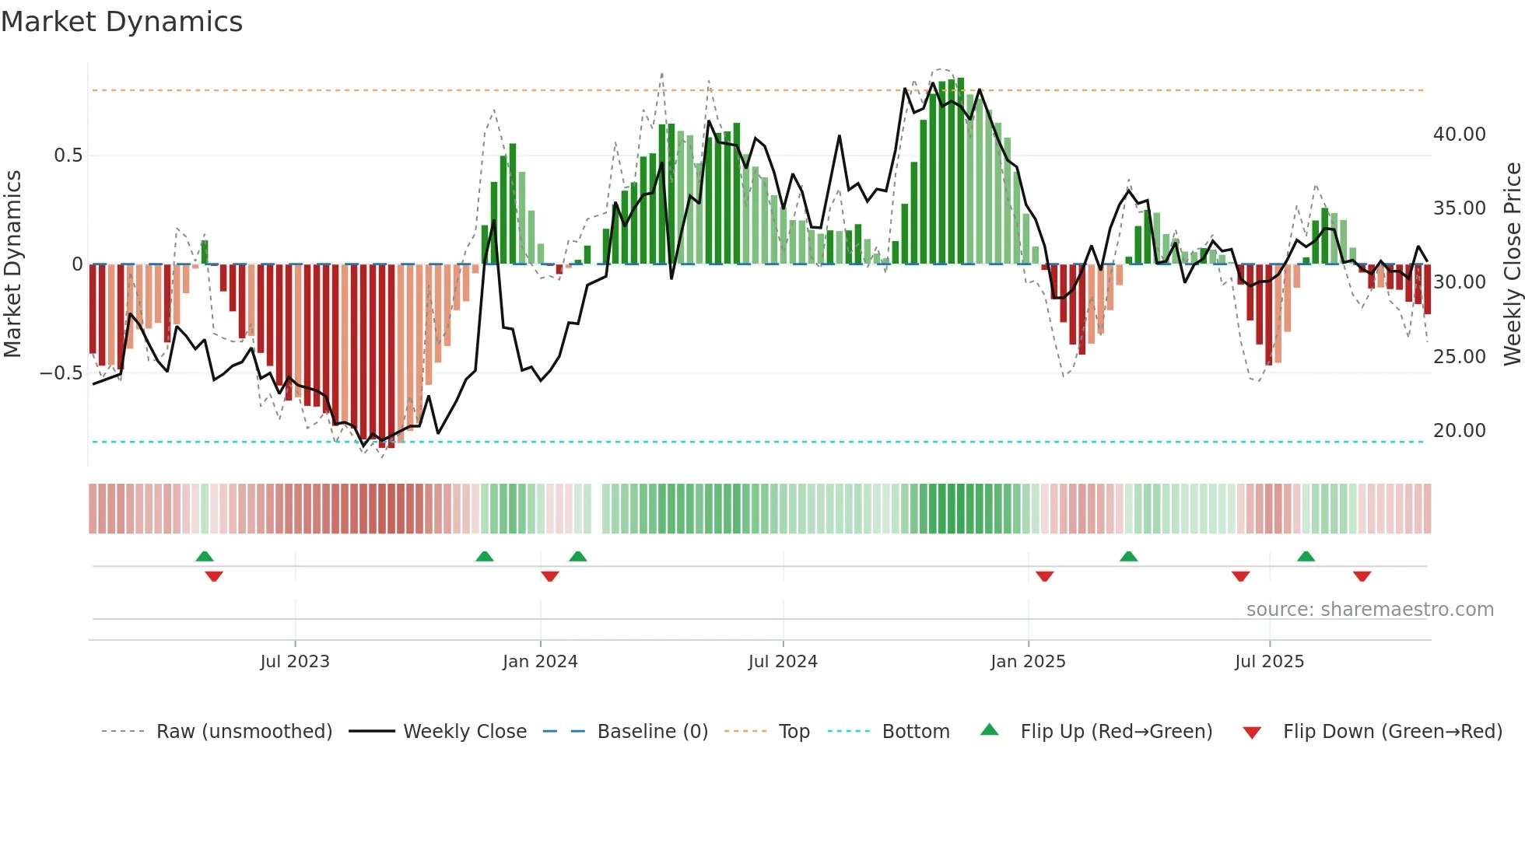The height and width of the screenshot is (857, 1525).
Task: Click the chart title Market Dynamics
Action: [x=121, y=22]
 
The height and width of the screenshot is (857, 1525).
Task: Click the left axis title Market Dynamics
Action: [x=12, y=264]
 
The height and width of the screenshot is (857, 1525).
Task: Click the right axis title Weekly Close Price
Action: [x=1512, y=264]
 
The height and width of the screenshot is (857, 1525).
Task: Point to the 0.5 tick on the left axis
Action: [x=68, y=156]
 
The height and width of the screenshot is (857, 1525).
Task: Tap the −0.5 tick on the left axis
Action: [x=61, y=373]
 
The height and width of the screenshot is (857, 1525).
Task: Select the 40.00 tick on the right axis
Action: [x=1459, y=135]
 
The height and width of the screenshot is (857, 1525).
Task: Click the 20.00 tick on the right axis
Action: [x=1459, y=430]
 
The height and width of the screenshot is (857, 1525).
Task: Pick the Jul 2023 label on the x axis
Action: [x=295, y=662]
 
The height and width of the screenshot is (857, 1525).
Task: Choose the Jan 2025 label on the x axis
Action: [x=1028, y=662]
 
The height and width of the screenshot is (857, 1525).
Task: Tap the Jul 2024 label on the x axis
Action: [x=783, y=662]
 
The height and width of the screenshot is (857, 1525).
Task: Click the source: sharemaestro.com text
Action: [x=1369, y=610]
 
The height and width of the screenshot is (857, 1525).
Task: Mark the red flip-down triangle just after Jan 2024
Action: [x=550, y=576]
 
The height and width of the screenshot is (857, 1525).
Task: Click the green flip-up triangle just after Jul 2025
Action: [x=1306, y=557]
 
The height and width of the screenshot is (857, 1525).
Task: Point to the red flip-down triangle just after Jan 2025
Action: [x=1044, y=576]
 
